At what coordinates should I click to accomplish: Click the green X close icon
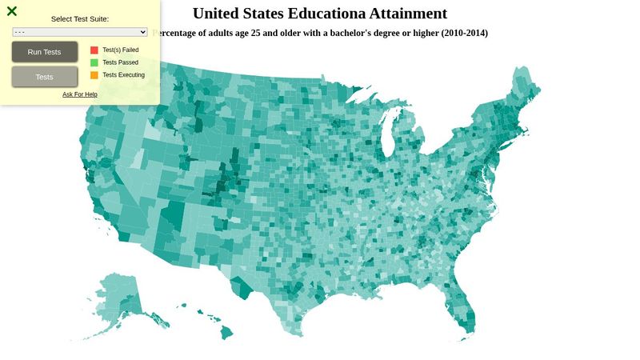pyautogui.click(x=12, y=11)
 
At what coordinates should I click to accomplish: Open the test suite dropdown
pyautogui.click(x=80, y=32)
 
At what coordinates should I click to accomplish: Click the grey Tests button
pyautogui.click(x=45, y=77)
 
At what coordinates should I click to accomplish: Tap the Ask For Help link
pyautogui.click(x=80, y=94)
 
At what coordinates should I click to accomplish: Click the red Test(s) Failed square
pyautogui.click(x=94, y=50)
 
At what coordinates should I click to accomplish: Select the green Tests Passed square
pyautogui.click(x=94, y=62)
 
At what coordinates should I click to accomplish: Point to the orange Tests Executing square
pyautogui.click(x=94, y=75)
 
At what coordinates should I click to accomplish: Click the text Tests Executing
pyautogui.click(x=123, y=75)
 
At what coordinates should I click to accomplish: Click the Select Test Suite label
pyautogui.click(x=80, y=18)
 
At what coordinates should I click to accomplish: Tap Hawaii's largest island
pyautogui.click(x=226, y=331)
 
